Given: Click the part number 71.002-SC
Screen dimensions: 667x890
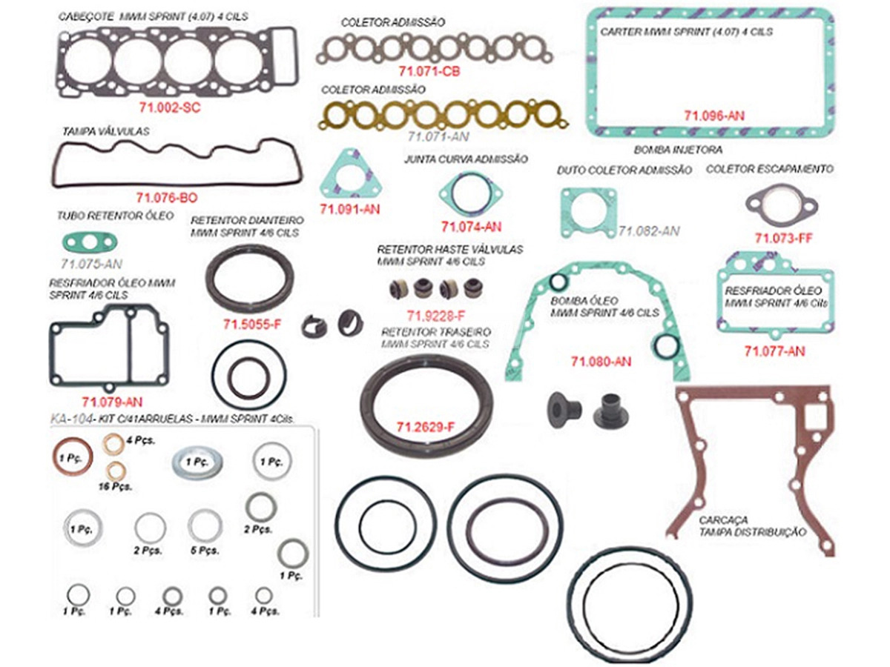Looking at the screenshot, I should click(169, 107).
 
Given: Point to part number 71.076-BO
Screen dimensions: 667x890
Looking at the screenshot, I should click(167, 198).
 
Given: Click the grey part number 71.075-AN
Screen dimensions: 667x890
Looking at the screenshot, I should click(91, 263).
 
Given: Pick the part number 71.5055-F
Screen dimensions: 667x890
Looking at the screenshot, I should click(252, 324).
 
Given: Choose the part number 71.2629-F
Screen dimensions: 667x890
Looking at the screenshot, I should click(425, 427).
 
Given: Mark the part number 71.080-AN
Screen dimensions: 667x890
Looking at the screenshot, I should click(601, 362).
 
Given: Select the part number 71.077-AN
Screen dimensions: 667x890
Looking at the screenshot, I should click(774, 351).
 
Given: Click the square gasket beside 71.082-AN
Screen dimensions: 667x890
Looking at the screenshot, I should click(588, 212).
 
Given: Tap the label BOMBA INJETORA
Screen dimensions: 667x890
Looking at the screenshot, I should click(668, 150).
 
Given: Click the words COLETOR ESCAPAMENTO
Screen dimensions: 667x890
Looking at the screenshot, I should click(769, 170).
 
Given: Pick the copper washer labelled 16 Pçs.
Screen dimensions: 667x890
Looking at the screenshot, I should click(116, 470).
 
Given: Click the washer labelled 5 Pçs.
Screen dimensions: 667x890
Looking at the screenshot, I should click(205, 525).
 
